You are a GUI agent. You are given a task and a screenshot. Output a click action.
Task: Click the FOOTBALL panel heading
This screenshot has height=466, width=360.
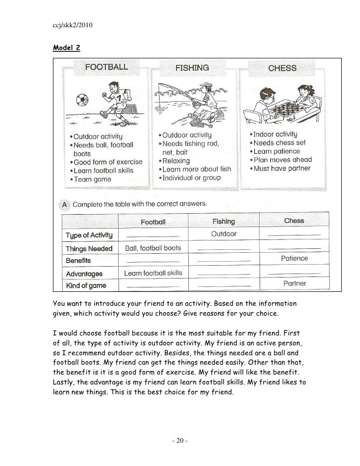coord(107,67)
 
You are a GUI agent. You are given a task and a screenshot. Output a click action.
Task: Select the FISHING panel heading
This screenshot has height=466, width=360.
coord(192,68)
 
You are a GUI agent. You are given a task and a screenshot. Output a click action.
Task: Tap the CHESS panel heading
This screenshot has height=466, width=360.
coord(282,68)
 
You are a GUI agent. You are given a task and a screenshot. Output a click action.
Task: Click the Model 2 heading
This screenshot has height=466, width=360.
coord(66,48)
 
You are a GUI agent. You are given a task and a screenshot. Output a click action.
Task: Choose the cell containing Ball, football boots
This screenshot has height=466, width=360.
coord(153,248)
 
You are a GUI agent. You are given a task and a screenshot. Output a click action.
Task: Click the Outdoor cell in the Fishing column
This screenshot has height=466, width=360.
coord(224,234)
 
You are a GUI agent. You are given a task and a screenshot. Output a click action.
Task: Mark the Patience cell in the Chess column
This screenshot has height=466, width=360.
coord(294,258)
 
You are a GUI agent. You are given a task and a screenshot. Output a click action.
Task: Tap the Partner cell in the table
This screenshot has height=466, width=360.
coord(294,283)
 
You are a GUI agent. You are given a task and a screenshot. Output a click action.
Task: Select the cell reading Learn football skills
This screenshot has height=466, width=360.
coord(153,273)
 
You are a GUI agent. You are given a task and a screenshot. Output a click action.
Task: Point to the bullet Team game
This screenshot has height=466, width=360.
coord(92,180)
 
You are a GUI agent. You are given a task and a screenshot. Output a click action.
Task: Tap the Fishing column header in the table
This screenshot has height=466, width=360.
coord(224,221)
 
